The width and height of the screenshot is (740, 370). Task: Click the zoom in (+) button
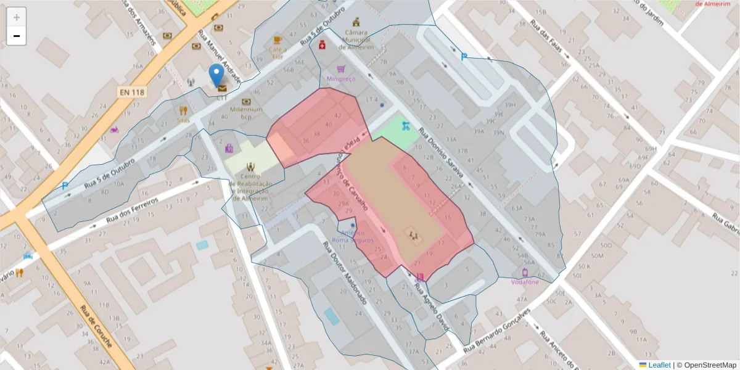click(17, 17)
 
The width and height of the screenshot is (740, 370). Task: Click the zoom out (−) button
click(17, 36)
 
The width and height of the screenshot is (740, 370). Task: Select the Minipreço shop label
click(342, 80)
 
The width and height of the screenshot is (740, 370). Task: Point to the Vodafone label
click(525, 282)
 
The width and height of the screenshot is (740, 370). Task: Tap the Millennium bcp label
click(246, 113)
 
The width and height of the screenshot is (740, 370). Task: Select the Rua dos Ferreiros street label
click(133, 210)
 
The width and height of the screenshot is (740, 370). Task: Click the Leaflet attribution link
click(659, 365)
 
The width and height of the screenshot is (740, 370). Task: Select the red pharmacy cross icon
click(322, 45)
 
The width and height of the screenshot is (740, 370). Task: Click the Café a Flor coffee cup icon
click(277, 39)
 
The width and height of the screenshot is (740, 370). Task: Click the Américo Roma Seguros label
click(353, 236)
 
